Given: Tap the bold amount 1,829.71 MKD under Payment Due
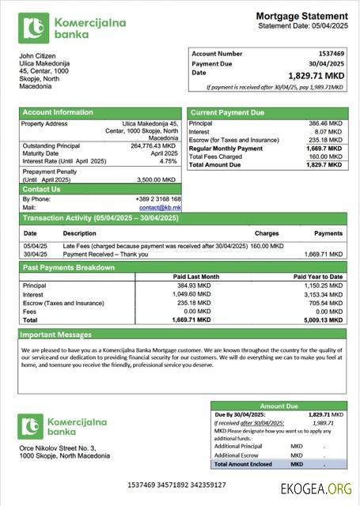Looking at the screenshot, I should point(316,76).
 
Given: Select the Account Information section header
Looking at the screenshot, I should point(58,112).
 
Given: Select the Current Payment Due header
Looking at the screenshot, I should point(227,112).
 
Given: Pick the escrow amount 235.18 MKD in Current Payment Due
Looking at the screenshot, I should point(325,140).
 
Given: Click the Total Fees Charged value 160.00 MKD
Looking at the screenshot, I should point(325,157).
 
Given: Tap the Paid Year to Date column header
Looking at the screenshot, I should point(319,277).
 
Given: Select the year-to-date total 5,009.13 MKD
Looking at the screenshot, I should point(324,320).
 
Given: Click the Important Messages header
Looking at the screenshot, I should point(57,334).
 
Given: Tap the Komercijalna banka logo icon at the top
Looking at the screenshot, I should point(33,28).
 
